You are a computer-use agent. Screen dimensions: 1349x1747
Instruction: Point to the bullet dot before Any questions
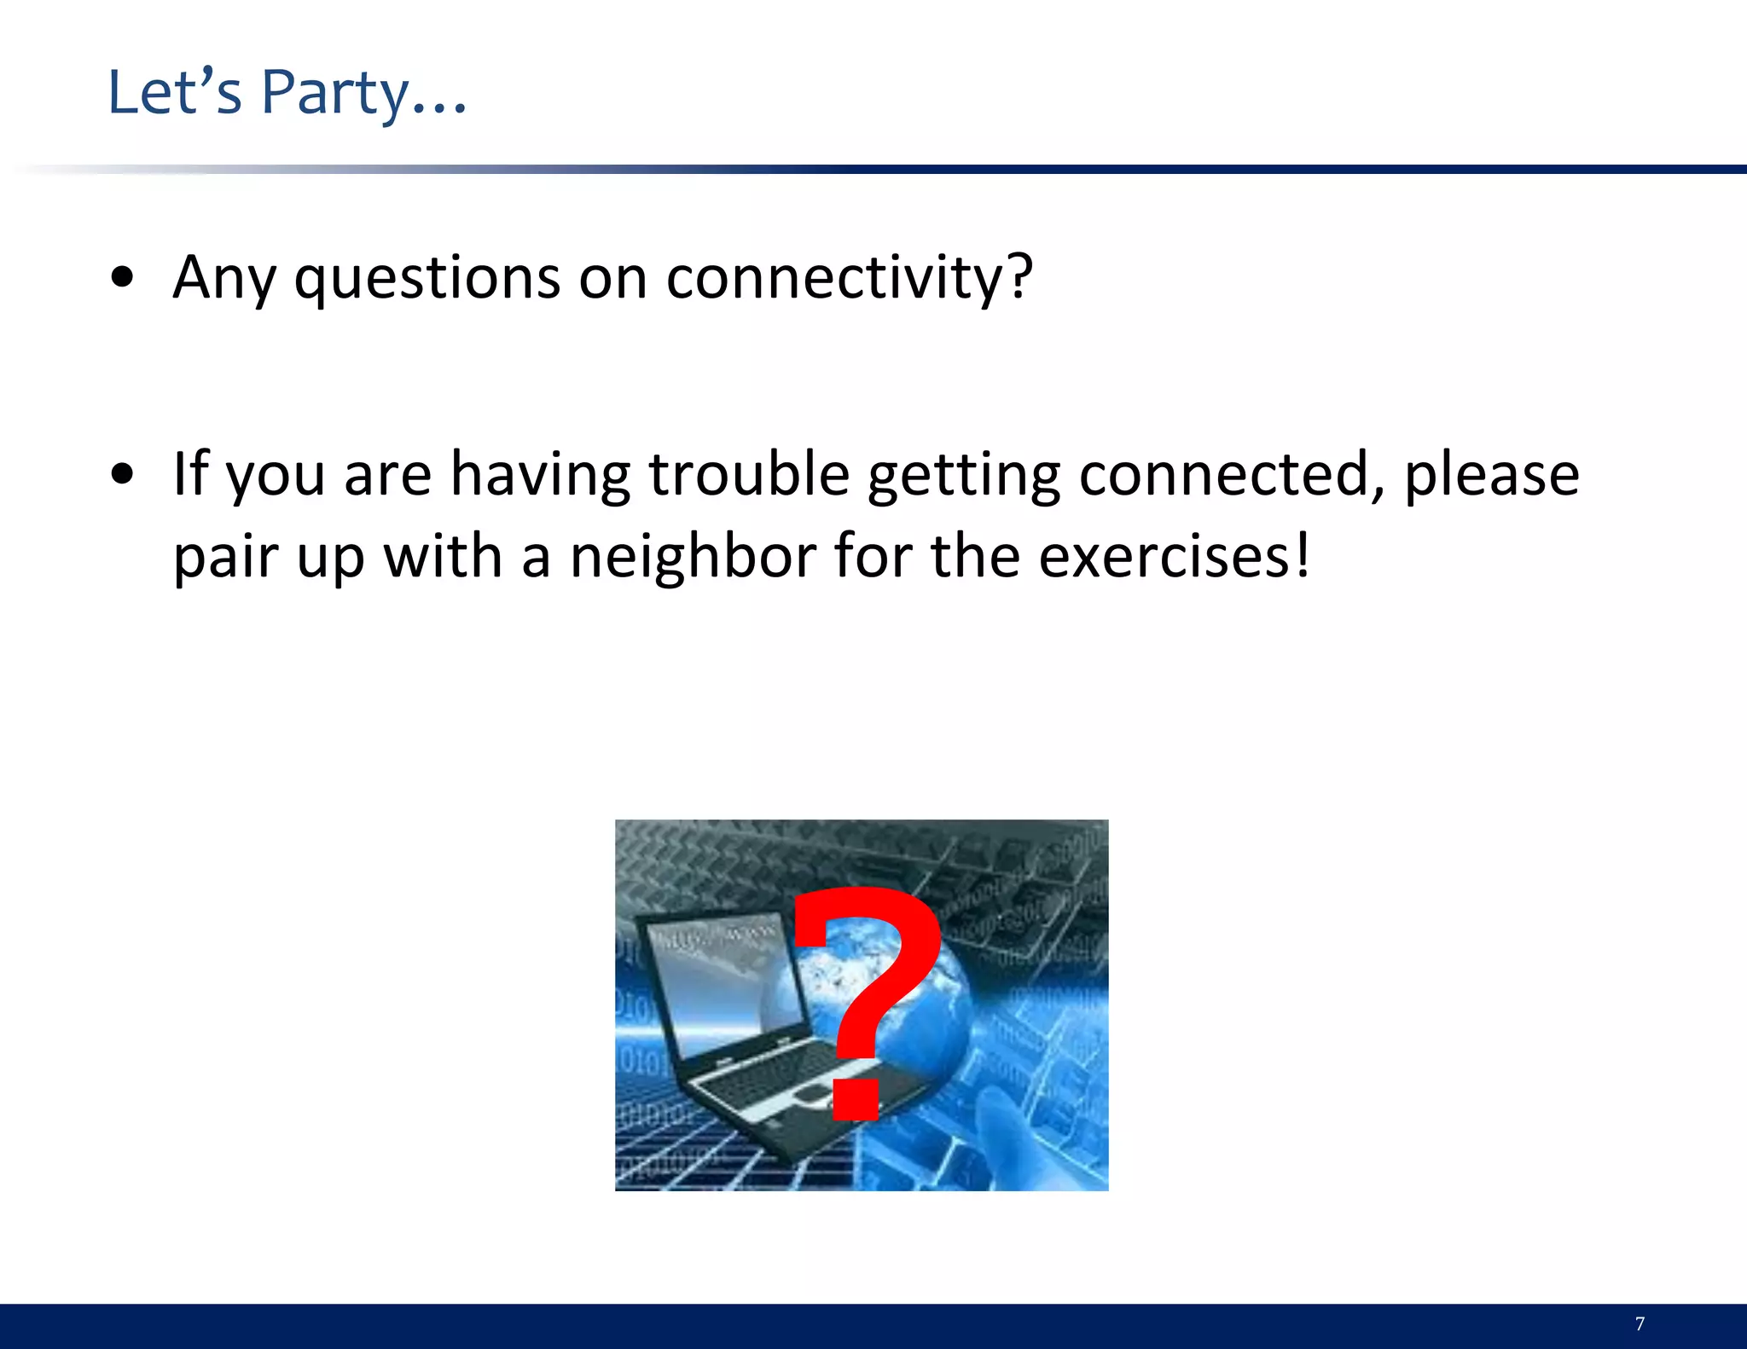pyautogui.click(x=123, y=278)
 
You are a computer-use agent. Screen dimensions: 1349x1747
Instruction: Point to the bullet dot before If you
pyautogui.click(x=123, y=474)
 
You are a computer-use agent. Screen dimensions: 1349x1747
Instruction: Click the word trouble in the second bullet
pyautogui.click(x=749, y=474)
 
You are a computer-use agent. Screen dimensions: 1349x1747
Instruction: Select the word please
pyautogui.click(x=1491, y=474)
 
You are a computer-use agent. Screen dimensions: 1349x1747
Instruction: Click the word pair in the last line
pyautogui.click(x=225, y=556)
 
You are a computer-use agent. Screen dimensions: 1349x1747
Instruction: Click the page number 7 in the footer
pyautogui.click(x=1640, y=1323)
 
